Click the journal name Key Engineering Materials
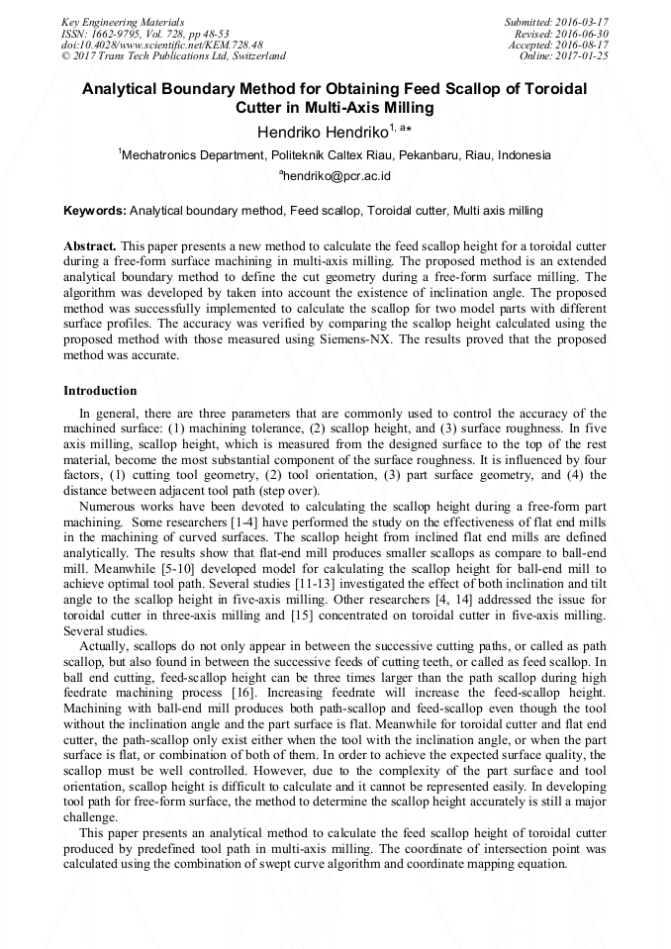(124, 22)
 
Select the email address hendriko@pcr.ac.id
(335, 176)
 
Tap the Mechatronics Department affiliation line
(335, 155)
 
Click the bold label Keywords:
(95, 211)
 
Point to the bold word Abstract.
(90, 245)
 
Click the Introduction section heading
(100, 391)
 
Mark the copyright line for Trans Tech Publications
(173, 56)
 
